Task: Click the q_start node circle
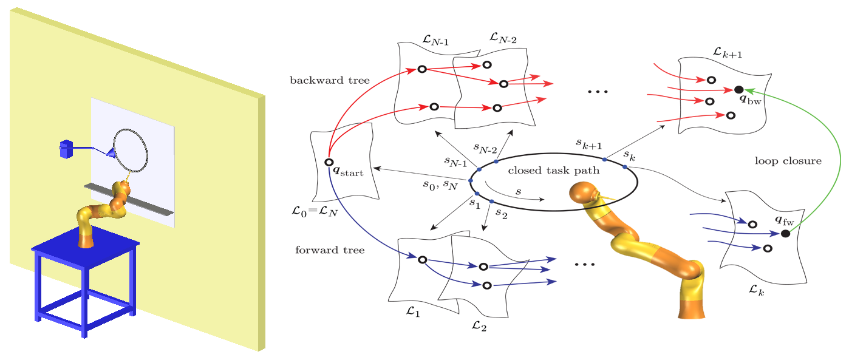tap(328, 162)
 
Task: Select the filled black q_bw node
tap(738, 89)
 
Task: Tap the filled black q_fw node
tap(785, 233)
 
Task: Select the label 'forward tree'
tap(330, 250)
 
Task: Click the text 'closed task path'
tap(553, 171)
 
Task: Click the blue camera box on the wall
tap(66, 148)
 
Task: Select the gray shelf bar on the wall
tap(128, 198)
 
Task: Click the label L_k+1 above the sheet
tap(729, 53)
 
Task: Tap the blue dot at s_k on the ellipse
tap(624, 166)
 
